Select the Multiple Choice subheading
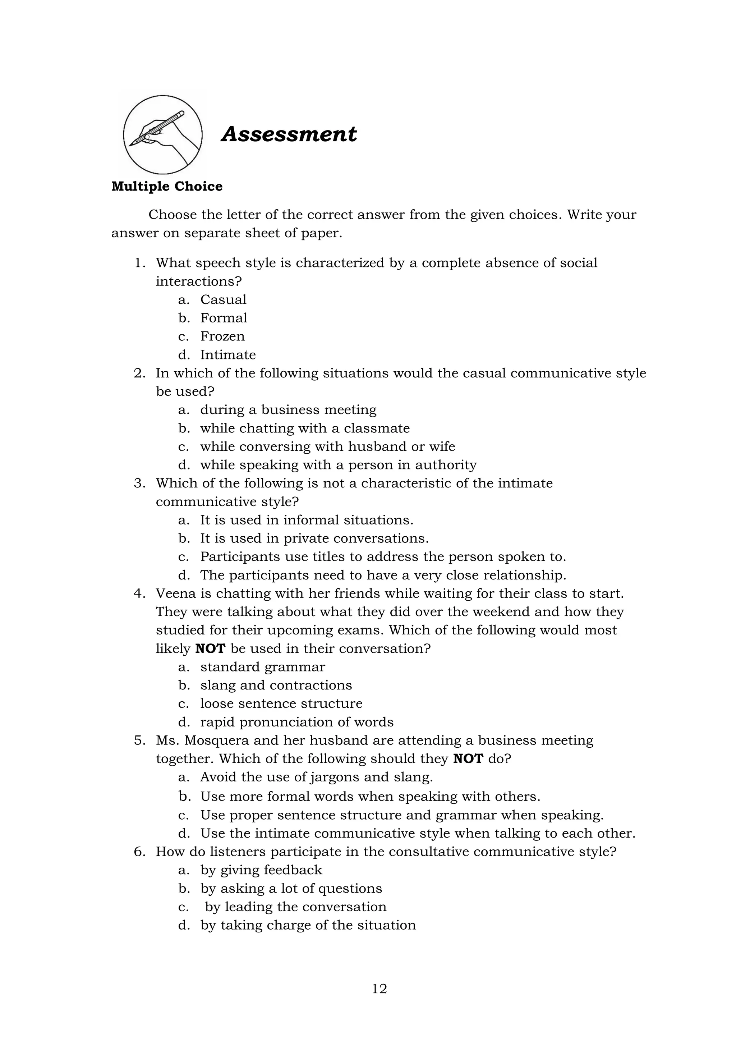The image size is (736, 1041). pyautogui.click(x=167, y=186)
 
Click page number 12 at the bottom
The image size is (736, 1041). pyautogui.click(x=379, y=989)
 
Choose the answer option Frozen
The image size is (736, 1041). pyautogui.click(x=222, y=336)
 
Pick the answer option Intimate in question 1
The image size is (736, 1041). pyautogui.click(x=228, y=354)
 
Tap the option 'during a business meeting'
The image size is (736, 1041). pyautogui.click(x=288, y=410)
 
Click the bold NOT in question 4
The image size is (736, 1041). pyautogui.click(x=210, y=649)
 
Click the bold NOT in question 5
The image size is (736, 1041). pyautogui.click(x=468, y=759)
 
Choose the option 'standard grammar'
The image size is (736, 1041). pyautogui.click(x=262, y=667)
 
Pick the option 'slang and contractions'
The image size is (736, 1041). pyautogui.click(x=276, y=685)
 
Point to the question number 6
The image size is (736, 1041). pyautogui.click(x=139, y=852)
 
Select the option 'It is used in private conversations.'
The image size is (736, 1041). pyautogui.click(x=314, y=538)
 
